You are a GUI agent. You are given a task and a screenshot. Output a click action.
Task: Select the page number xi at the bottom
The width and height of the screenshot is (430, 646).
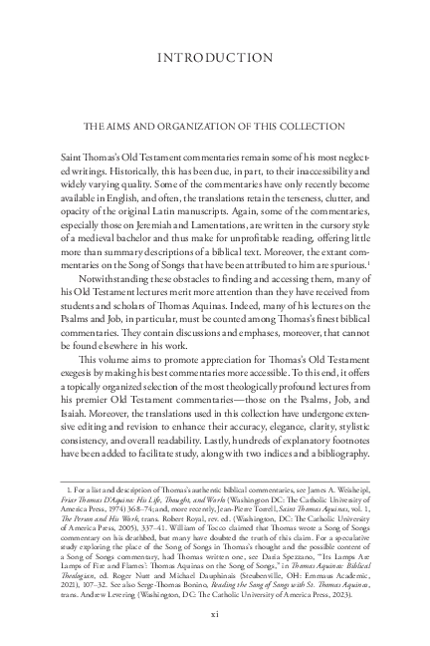[215, 614]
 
